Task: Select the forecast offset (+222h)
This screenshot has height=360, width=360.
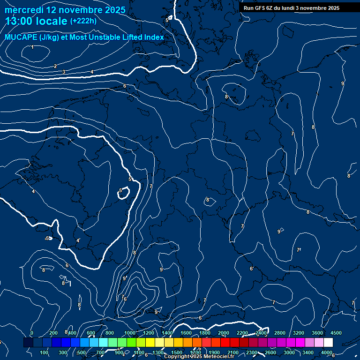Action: [x=83, y=21]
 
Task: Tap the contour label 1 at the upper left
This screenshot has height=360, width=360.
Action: [x=32, y=47]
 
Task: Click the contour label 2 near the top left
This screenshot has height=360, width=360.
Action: [x=55, y=67]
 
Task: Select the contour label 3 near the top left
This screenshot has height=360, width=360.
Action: [x=64, y=72]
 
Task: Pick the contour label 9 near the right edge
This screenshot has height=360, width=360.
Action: [x=343, y=83]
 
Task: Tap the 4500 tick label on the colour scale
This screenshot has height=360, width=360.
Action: [x=336, y=333]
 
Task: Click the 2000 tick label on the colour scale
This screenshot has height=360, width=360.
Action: [x=223, y=333]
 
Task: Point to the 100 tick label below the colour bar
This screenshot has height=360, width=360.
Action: [x=45, y=352]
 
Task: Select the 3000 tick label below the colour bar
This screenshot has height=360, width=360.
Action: [x=289, y=352]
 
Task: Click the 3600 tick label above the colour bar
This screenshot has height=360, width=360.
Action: [x=317, y=333]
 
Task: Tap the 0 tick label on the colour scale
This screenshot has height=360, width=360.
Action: [x=32, y=333]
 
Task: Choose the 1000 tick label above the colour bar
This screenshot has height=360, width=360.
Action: [x=129, y=333]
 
